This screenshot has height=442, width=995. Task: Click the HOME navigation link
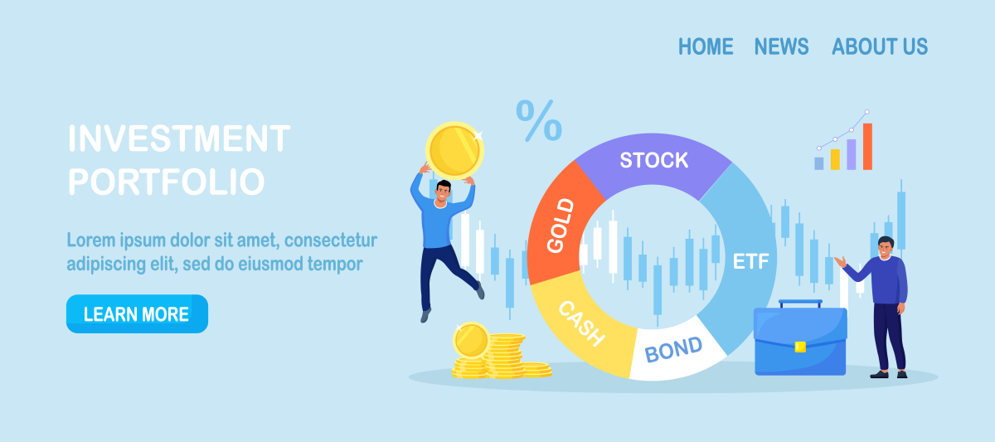(x=706, y=46)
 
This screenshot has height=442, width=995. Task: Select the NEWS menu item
(x=781, y=46)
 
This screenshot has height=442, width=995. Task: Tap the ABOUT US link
(x=880, y=46)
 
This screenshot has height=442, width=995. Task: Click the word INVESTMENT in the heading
(x=179, y=138)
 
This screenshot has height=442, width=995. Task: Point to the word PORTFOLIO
(x=167, y=182)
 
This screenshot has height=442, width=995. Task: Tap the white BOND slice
(x=674, y=350)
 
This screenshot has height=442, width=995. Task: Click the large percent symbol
(x=539, y=120)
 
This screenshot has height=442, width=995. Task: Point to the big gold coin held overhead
(x=454, y=150)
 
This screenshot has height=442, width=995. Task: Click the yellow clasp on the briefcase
(x=800, y=347)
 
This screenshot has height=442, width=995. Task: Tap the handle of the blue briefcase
(x=800, y=304)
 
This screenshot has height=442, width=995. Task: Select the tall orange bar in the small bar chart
(x=867, y=147)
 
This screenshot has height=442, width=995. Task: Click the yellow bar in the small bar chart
(x=835, y=159)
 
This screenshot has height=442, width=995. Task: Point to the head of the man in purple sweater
(x=886, y=247)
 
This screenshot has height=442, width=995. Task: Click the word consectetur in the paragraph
(x=331, y=240)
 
